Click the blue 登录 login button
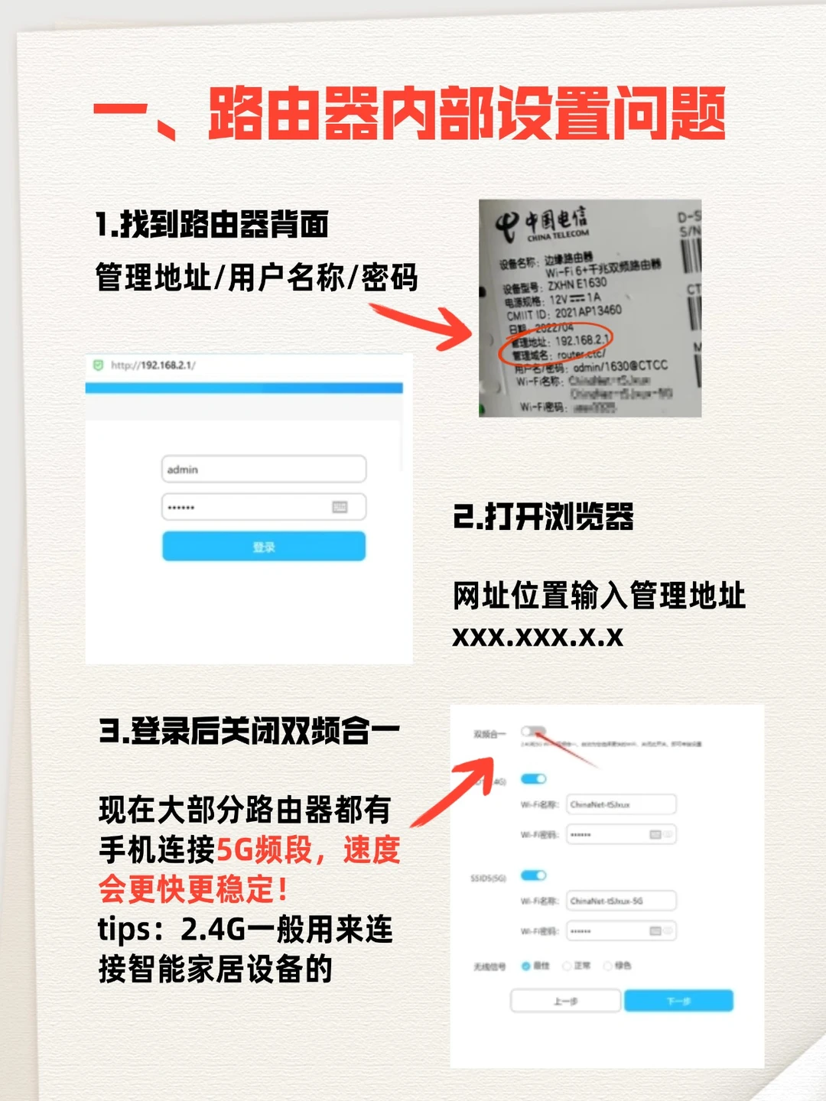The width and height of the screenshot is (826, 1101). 264,547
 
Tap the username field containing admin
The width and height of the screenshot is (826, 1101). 264,469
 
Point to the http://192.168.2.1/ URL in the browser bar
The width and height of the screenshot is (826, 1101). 153,365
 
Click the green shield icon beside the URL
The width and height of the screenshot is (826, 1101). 98,365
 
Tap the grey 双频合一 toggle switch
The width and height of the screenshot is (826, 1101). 533,732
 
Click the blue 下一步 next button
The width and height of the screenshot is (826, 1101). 678,1001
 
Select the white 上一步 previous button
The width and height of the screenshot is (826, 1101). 565,1001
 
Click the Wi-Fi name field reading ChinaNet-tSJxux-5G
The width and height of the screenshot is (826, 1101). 621,901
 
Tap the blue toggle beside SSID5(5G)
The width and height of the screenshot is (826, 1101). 533,875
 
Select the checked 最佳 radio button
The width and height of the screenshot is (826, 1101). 526,966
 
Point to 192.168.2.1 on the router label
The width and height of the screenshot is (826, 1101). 582,339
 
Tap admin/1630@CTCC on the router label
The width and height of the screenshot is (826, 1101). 620,367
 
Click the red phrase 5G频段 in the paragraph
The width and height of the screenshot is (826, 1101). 265,849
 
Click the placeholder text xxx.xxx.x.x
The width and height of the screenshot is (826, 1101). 538,636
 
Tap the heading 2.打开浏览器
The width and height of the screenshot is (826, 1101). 543,517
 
